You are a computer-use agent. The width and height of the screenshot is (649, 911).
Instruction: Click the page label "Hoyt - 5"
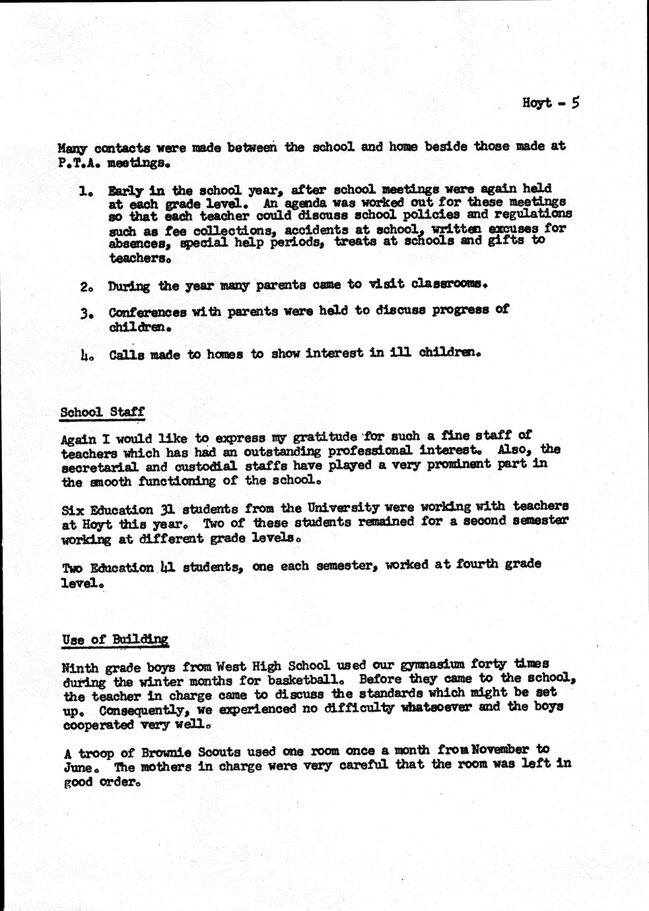click(550, 103)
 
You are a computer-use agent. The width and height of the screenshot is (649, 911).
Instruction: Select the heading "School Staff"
click(102, 413)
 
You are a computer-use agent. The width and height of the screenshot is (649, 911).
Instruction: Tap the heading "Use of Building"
click(115, 640)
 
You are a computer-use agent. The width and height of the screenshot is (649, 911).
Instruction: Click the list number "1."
click(85, 191)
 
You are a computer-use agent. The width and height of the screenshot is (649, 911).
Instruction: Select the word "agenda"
click(303, 203)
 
